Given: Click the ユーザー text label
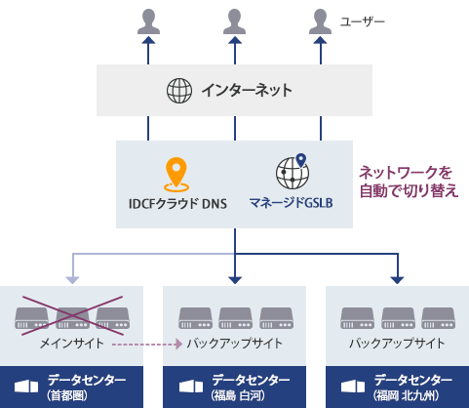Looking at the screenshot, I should pyautogui.click(x=363, y=20).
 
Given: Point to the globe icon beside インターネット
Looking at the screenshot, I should pyautogui.click(x=179, y=91).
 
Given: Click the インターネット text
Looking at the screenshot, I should pyautogui.click(x=247, y=91).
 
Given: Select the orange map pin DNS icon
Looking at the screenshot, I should pyautogui.click(x=176, y=174).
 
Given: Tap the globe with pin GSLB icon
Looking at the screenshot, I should pyautogui.click(x=292, y=172).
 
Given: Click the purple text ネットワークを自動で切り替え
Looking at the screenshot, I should pyautogui.click(x=409, y=181).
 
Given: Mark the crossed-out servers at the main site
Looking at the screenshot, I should pyautogui.click(x=72, y=316).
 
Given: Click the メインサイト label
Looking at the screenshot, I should pyautogui.click(x=72, y=344).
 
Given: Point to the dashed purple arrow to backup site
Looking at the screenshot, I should pyautogui.click(x=146, y=344).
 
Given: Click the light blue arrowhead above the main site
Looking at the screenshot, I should pyautogui.click(x=72, y=279).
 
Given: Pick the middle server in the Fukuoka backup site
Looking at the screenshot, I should pyautogui.click(x=397, y=317).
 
